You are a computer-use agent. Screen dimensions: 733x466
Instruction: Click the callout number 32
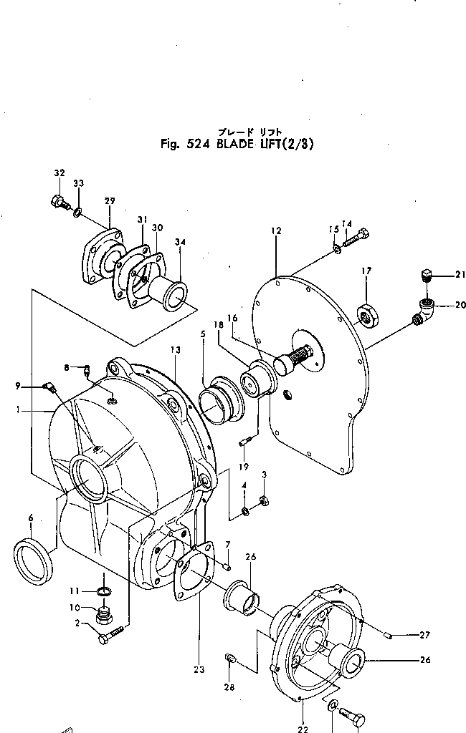(x=59, y=173)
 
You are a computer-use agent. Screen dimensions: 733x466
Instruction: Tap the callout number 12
(x=277, y=231)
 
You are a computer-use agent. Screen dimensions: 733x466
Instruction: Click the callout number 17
(x=366, y=271)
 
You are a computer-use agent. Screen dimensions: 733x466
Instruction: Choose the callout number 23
(x=199, y=670)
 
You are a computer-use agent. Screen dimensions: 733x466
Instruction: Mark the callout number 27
(x=425, y=634)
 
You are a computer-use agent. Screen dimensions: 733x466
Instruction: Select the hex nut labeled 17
(x=366, y=314)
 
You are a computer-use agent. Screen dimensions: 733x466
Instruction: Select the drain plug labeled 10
(x=105, y=614)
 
